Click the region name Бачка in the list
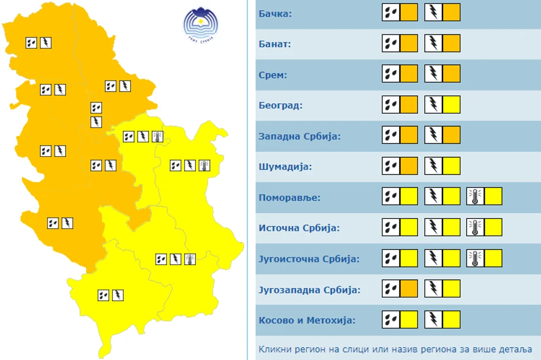[x=276, y=13]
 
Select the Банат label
[x=275, y=44]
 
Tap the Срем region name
[x=273, y=75]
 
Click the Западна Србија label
[x=300, y=137]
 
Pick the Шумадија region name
[x=285, y=167]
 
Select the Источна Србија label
[x=299, y=228]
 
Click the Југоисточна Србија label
[x=309, y=259]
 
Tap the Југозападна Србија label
[x=310, y=289]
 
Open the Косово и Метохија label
[x=306, y=320]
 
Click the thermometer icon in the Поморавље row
[x=475, y=196]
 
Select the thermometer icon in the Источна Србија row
[x=475, y=227]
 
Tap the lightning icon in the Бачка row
[x=433, y=12]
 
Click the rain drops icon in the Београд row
[x=391, y=104]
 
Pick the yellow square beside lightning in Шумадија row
[x=451, y=166]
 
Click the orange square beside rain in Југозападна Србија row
[x=409, y=289]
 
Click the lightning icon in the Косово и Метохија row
[x=433, y=319]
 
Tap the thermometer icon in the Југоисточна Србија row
[x=475, y=258]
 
